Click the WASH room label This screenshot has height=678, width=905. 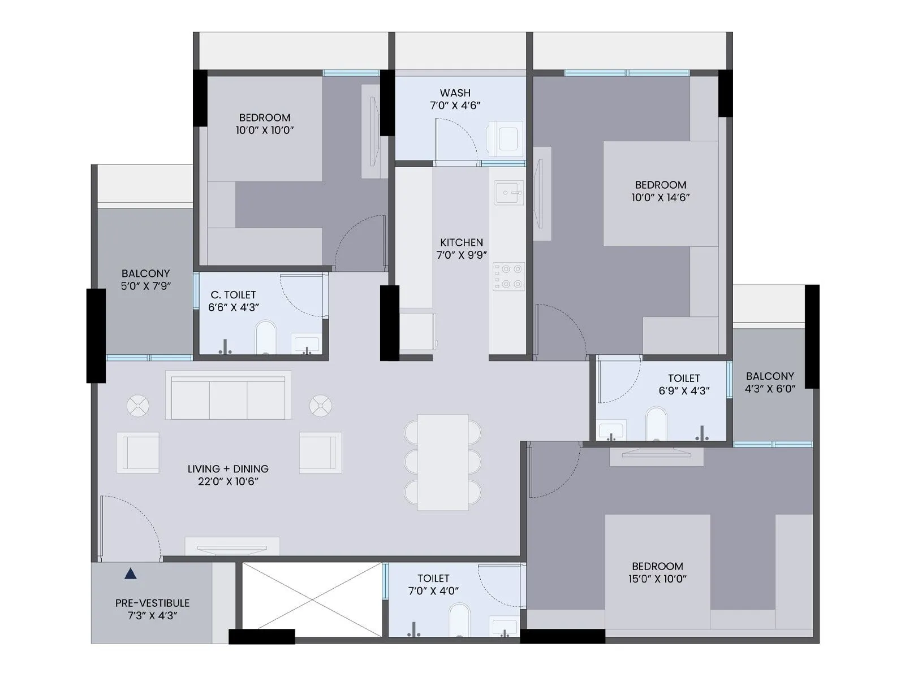click(x=455, y=93)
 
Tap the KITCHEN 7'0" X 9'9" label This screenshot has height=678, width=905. click(x=462, y=249)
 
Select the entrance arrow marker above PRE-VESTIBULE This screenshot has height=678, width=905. click(x=131, y=574)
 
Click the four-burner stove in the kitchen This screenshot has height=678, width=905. click(x=508, y=277)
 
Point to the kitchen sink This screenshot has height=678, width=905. click(x=508, y=193)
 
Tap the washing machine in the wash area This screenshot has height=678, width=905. click(x=505, y=138)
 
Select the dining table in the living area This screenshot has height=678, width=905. click(x=443, y=462)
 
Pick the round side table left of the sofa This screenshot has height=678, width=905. click(x=138, y=406)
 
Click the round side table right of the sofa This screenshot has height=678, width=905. click(x=320, y=406)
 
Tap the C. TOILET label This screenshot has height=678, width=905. click(x=233, y=295)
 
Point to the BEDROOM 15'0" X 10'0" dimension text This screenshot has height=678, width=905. click(x=657, y=579)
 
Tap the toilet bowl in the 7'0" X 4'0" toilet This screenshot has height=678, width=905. click(x=459, y=621)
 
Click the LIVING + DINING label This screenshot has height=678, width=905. click(x=228, y=469)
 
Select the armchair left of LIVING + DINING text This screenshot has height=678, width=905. click(x=138, y=452)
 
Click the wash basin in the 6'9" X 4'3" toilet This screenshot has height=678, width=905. click(x=611, y=429)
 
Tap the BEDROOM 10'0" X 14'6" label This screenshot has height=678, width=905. click(x=660, y=191)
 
